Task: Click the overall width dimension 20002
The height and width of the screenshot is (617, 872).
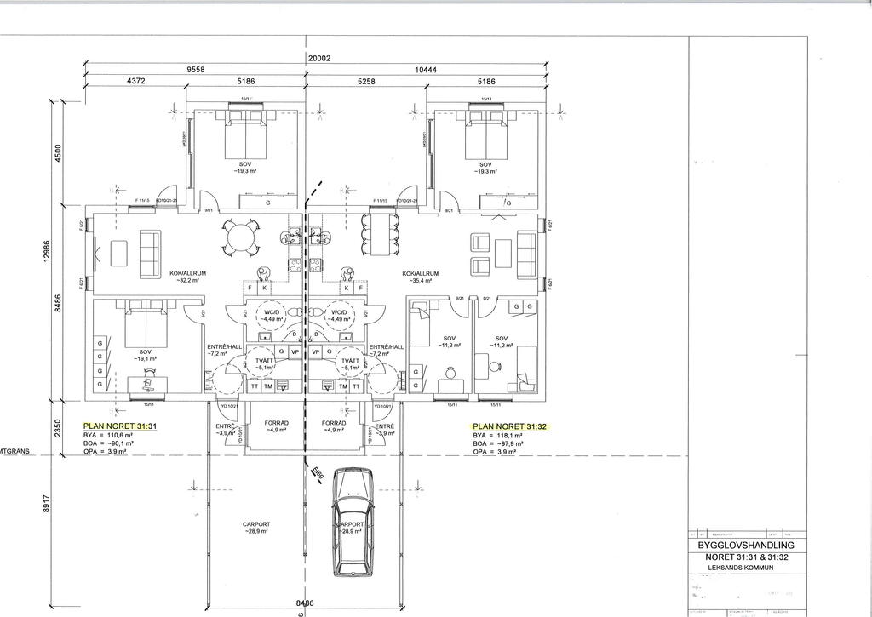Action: (x=319, y=59)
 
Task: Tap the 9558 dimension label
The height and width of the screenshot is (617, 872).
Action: (x=198, y=71)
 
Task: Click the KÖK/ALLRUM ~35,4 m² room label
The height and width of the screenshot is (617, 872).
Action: (x=421, y=277)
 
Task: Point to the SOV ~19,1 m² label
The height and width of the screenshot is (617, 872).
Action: (x=144, y=356)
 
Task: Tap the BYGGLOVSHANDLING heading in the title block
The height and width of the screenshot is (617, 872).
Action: (x=745, y=545)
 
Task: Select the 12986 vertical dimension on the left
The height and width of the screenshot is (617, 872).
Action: (x=48, y=251)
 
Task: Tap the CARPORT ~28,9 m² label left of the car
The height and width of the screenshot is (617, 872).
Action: (x=255, y=528)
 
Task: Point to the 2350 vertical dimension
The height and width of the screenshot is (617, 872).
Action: (x=57, y=426)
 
